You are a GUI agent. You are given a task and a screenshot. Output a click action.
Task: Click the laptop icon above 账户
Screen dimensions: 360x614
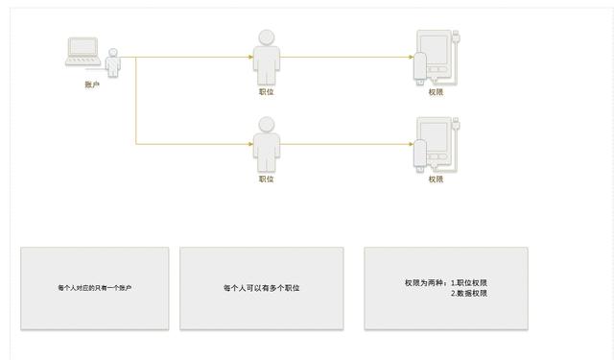pos(83,51)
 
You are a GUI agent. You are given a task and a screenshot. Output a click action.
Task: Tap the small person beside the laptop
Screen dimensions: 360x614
pos(114,62)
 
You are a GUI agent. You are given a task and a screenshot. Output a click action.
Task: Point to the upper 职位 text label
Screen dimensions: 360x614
pos(266,92)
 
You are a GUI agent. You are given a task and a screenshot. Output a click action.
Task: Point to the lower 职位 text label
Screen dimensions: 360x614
pos(266,179)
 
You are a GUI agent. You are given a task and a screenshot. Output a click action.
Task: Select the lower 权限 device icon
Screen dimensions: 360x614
pos(437,144)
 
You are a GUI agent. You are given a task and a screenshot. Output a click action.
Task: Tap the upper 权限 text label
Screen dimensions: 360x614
pos(437,92)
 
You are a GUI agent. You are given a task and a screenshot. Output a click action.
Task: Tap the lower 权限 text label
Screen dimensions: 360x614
pos(437,179)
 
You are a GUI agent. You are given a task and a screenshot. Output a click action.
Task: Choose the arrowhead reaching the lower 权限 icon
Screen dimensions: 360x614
pos(411,144)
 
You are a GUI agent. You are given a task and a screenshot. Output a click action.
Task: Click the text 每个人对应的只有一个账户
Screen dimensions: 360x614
pos(94,288)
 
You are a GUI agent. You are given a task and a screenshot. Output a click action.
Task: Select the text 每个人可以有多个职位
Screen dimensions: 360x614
pos(261,288)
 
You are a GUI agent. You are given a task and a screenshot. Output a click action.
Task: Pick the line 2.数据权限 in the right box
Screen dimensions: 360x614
pos(469,294)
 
